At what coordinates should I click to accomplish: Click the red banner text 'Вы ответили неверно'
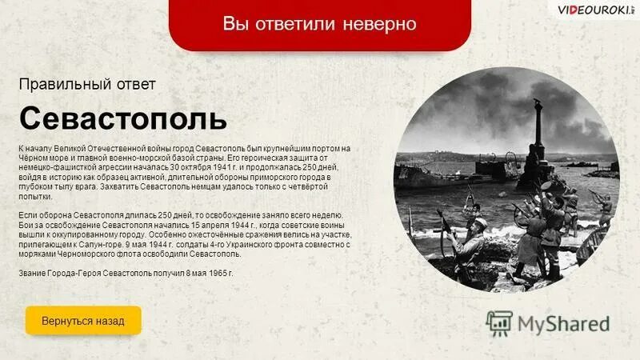[319, 24]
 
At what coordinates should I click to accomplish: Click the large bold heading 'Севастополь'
[122, 118]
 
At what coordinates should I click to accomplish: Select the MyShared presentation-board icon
[500, 322]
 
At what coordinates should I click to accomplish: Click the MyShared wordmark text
[564, 323]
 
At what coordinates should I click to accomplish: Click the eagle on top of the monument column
[537, 102]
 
